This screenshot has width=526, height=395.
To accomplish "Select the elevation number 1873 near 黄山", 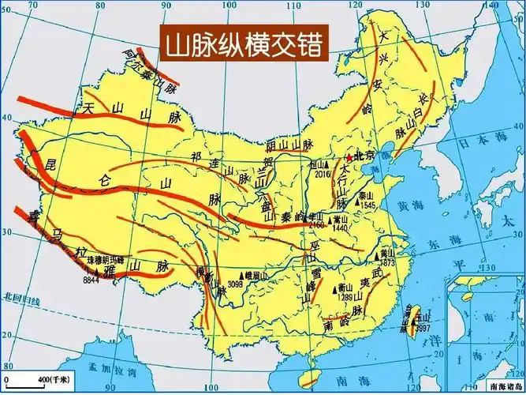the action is tap(386, 261).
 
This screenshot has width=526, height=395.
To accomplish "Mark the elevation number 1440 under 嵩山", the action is tap(340, 228).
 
